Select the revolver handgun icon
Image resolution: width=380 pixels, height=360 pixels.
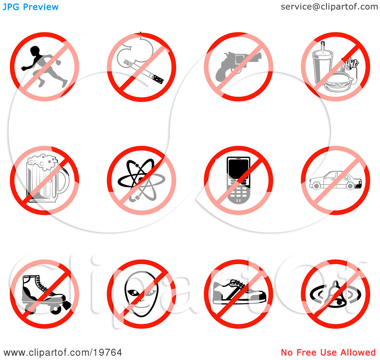coord(237,65)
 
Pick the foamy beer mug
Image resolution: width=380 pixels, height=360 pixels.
coord(47,178)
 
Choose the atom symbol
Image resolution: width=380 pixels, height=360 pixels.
coord(141,180)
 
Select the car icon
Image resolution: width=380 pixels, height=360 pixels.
coord(336,180)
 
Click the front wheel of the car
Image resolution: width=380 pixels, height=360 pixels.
coord(316,186)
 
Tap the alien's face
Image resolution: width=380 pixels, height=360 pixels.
coord(141,294)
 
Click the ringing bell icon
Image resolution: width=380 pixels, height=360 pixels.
coord(336,294)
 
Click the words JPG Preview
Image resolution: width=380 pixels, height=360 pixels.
coord(31,7)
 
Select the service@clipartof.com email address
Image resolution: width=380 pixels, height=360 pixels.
coord(329,7)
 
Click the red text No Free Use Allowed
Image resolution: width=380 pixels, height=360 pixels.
coord(328,353)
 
